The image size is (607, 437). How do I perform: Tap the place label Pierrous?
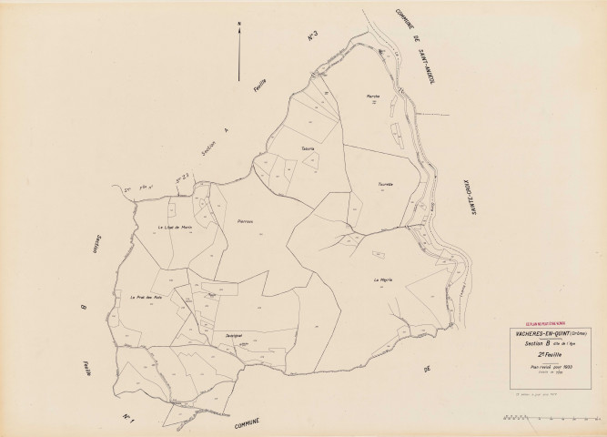pyautogui.click(x=243, y=220)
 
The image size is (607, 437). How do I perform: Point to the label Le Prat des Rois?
pyautogui.click(x=146, y=297)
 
